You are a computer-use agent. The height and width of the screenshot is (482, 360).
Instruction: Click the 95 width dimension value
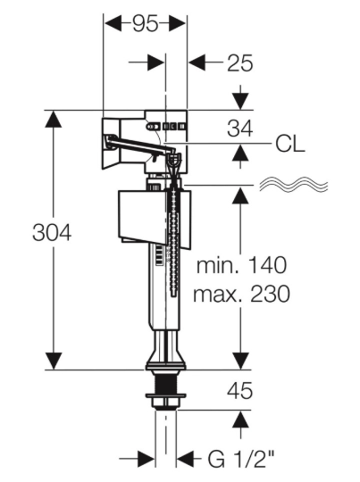(146, 24)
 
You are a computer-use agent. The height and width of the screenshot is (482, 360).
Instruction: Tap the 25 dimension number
(240, 63)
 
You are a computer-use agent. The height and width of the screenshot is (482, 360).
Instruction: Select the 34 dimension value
(240, 129)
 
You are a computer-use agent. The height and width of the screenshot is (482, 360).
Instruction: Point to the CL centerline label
(290, 144)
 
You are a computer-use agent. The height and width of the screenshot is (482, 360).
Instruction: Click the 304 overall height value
(52, 232)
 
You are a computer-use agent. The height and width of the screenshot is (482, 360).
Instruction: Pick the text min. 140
(241, 265)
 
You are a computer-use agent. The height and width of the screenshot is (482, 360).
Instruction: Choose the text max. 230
(241, 294)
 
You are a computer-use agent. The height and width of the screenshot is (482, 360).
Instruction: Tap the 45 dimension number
(240, 391)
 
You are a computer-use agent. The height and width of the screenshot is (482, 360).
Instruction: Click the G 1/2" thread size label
(241, 460)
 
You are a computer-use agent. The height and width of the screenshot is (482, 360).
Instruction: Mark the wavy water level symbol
(294, 184)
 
